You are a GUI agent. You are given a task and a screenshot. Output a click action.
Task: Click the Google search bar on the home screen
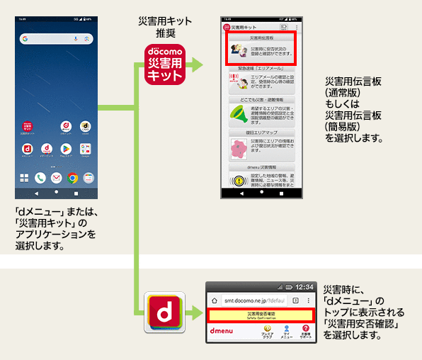55,38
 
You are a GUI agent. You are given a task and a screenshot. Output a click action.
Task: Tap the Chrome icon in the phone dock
72,178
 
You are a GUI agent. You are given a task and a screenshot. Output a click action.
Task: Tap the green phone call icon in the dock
40,178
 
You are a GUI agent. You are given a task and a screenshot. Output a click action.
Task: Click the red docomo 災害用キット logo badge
164,64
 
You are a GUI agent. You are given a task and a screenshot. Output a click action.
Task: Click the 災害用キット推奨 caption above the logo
164,27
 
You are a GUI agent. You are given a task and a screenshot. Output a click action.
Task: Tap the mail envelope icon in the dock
89,178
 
